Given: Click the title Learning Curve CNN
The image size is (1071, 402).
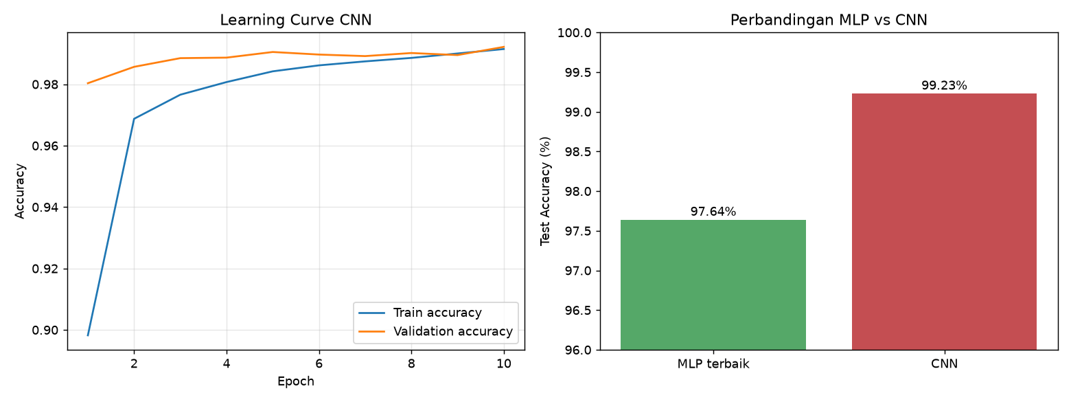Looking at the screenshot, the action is (x=295, y=20).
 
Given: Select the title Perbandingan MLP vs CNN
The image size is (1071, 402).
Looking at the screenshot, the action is (x=829, y=20).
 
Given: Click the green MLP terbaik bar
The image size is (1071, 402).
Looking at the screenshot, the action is (x=713, y=284).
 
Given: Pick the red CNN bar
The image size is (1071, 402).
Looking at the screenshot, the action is (x=944, y=221).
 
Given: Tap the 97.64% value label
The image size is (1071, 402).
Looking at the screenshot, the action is (x=713, y=212).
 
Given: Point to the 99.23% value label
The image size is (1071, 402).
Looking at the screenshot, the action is (x=944, y=85).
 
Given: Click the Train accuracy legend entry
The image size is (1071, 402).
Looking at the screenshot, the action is (x=420, y=313).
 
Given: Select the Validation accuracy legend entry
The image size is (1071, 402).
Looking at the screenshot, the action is (x=435, y=332).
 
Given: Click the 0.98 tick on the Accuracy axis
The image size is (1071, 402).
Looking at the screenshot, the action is (x=45, y=85).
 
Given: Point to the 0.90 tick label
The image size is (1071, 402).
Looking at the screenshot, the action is (x=45, y=331).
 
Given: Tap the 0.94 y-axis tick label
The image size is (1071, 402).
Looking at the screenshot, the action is (x=45, y=208).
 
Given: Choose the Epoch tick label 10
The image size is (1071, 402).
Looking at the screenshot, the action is (x=503, y=364).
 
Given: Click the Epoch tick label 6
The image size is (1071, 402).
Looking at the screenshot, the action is (x=319, y=364).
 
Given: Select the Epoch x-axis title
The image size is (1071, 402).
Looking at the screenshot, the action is (x=295, y=381).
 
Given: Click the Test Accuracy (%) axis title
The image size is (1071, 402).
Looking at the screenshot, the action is (x=545, y=192).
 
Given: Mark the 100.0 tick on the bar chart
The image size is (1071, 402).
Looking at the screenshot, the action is (x=574, y=33).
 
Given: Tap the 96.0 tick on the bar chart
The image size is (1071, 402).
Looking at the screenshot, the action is (x=578, y=350).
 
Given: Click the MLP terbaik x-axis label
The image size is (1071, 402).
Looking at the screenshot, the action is (x=713, y=364).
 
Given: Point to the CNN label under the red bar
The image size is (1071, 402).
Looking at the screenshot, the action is (x=944, y=364).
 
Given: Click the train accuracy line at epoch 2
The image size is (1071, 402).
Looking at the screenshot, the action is (x=134, y=119).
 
